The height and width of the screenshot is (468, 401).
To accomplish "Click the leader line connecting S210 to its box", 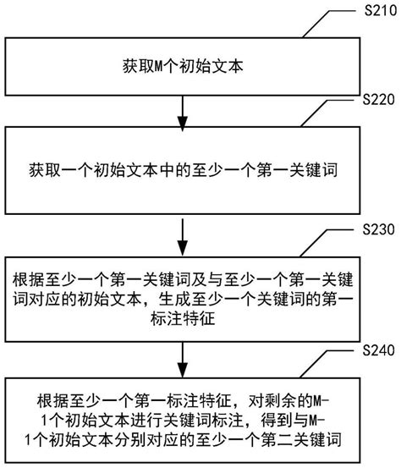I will tap(330, 24).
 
